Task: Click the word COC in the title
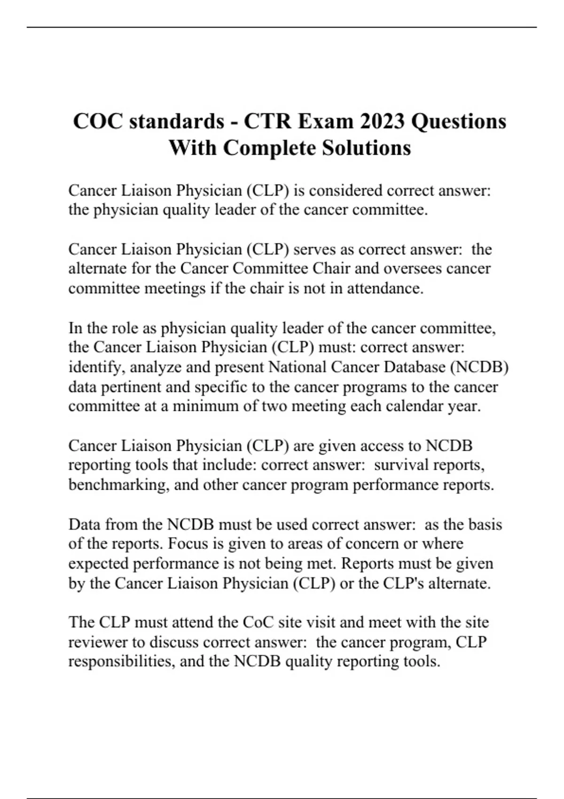pyautogui.click(x=98, y=121)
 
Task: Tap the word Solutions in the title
pyautogui.click(x=366, y=148)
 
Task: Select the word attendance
pyautogui.click(x=384, y=288)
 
